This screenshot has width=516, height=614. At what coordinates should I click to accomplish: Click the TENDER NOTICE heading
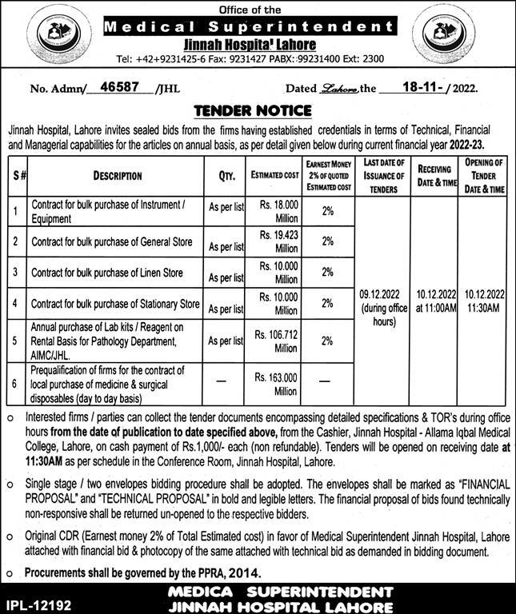[258, 110]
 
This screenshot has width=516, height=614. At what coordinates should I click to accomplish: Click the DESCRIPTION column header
[117, 175]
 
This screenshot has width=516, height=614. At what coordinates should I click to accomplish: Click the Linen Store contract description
[107, 273]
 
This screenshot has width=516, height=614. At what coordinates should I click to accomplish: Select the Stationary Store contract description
[115, 305]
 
